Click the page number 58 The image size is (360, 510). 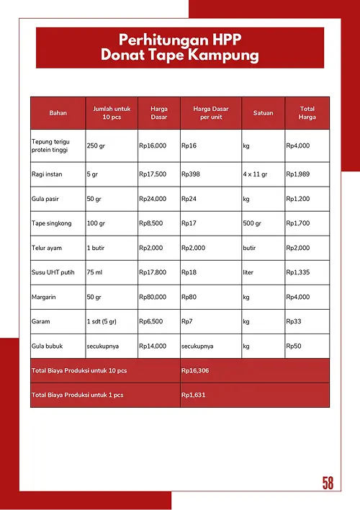[328, 483]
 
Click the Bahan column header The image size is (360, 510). [58, 113]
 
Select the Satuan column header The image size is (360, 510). [263, 113]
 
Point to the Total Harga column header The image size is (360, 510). [307, 113]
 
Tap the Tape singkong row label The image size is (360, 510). [52, 223]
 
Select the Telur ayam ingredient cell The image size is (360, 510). [48, 248]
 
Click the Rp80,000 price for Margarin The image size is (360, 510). [153, 297]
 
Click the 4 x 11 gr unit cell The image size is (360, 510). [257, 174]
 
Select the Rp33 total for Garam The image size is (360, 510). [294, 321]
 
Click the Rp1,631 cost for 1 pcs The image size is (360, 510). [194, 395]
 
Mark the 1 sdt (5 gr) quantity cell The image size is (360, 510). [105, 321]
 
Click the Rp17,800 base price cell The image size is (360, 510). [153, 272]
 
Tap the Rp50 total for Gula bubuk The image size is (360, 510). [294, 346]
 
